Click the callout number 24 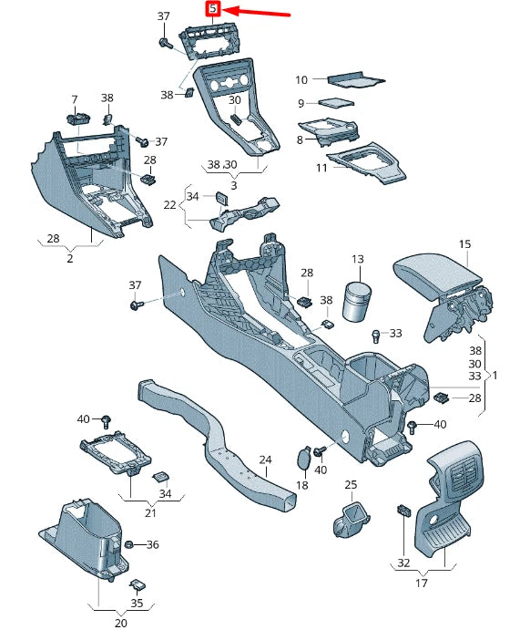tap(265, 460)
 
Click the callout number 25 tap(351, 484)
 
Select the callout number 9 tap(301, 104)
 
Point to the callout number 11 tap(321, 168)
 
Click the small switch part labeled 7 tap(78, 117)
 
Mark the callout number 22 tap(169, 205)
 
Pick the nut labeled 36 tap(129, 544)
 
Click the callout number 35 tap(137, 602)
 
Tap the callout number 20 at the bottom tap(121, 623)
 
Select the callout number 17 tap(422, 583)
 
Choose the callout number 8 tap(299, 139)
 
